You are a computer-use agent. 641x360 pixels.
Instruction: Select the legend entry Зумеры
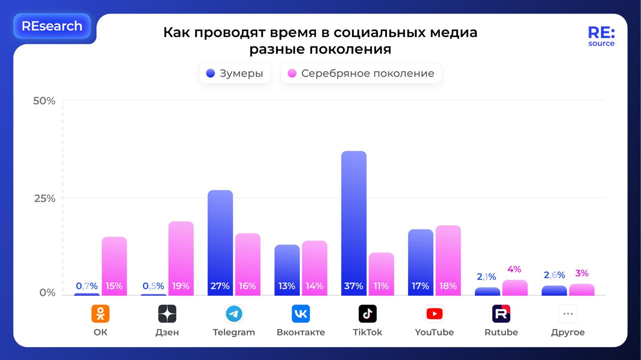(235, 74)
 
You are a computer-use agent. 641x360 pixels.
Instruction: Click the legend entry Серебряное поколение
(361, 74)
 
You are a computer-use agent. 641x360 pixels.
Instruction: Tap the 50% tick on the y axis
(45, 101)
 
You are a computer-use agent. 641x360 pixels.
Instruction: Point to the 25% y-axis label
(45, 198)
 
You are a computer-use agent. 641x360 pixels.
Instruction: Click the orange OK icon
(100, 314)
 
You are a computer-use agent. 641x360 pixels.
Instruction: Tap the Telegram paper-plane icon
(234, 314)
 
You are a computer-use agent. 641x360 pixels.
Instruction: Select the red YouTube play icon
(434, 314)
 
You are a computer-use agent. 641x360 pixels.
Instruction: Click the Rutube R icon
(501, 314)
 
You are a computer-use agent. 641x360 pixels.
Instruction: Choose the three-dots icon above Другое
(568, 314)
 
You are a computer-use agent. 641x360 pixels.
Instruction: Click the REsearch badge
(52, 26)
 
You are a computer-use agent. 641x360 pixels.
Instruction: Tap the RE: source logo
(601, 37)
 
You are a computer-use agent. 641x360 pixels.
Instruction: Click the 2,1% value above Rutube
(486, 277)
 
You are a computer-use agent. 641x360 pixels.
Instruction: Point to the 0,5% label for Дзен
(153, 286)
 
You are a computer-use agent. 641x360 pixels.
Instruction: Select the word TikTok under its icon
(367, 332)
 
